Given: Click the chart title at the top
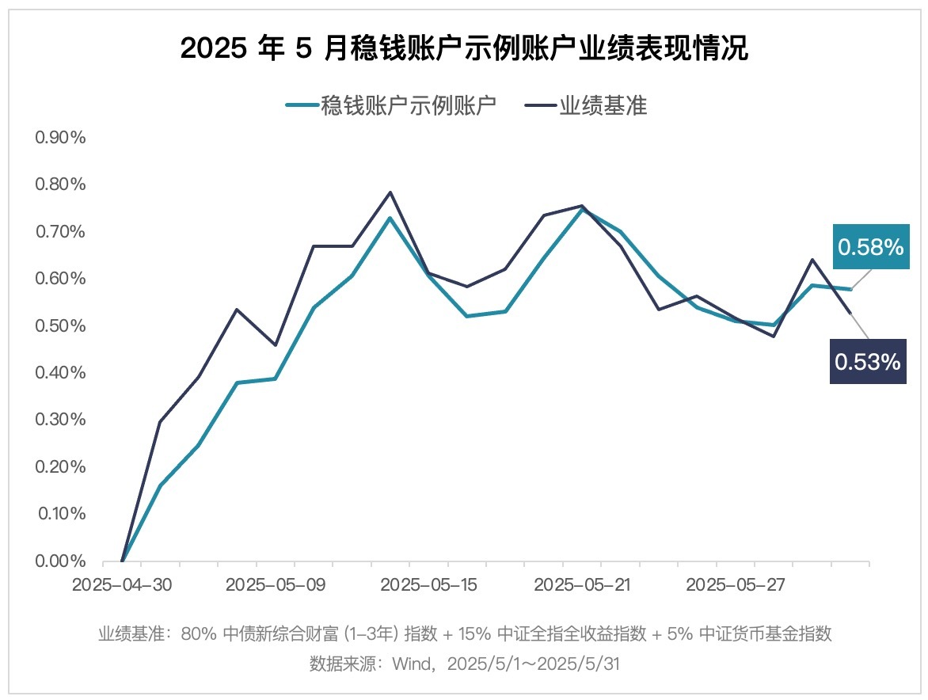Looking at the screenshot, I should click(464, 49).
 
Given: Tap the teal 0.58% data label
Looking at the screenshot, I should click(870, 248).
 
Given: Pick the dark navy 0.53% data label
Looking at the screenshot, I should click(867, 362).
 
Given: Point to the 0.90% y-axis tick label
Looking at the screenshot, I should click(60, 138).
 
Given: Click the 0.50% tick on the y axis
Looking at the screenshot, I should click(60, 325).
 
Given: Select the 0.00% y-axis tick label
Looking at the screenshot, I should click(60, 561).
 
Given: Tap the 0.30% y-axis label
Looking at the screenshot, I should click(60, 420).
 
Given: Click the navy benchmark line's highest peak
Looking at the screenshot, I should click(390, 192).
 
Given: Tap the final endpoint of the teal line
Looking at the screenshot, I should click(850, 289).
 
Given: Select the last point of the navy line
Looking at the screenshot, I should click(850, 313).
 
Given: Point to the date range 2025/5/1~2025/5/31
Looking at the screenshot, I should click(533, 664).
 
